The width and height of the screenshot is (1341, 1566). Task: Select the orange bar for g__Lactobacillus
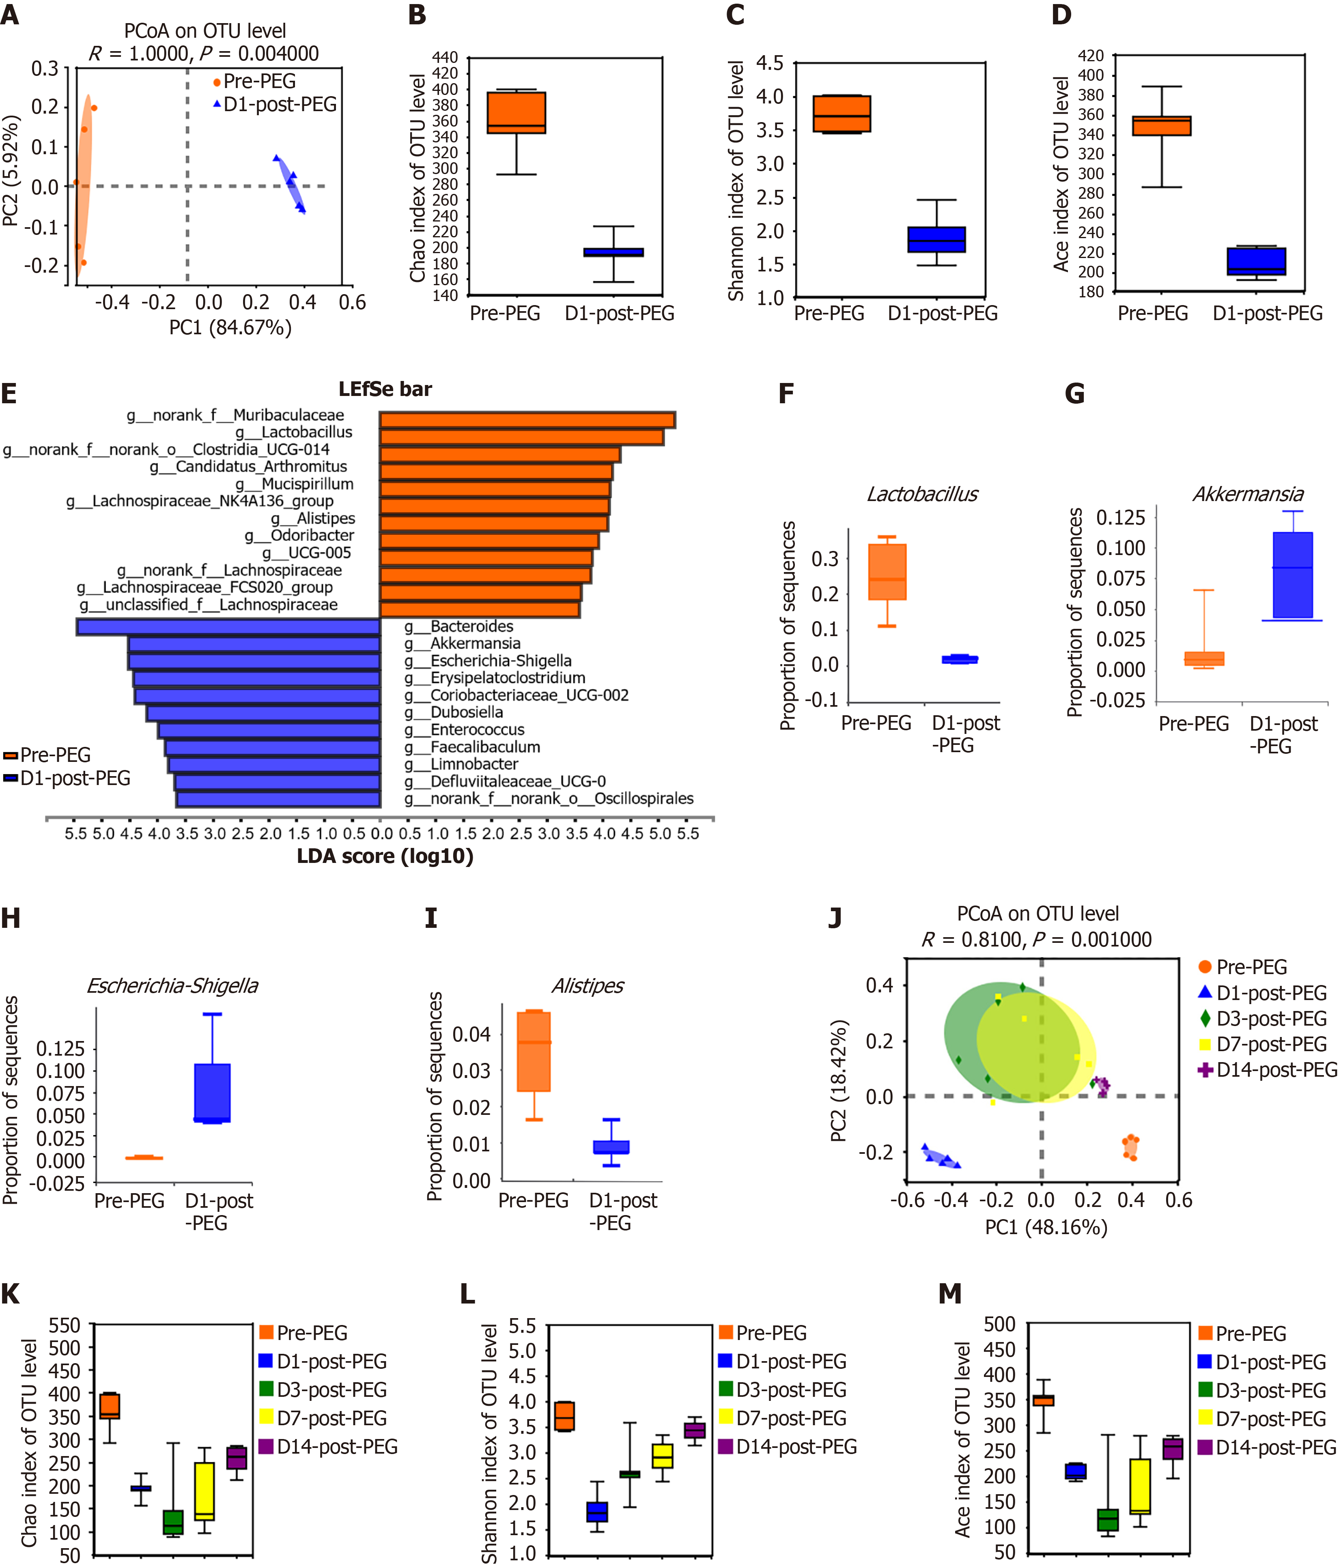pyautogui.click(x=521, y=437)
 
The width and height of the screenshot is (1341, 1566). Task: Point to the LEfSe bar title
pyautogui.click(x=385, y=389)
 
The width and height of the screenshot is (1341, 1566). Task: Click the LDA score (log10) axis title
pyautogui.click(x=385, y=856)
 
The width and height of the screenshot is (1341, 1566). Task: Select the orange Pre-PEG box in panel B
pyautogui.click(x=516, y=113)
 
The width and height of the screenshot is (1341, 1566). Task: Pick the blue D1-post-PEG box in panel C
pyautogui.click(x=936, y=240)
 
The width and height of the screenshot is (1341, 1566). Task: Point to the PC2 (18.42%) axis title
pyautogui.click(x=838, y=1081)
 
